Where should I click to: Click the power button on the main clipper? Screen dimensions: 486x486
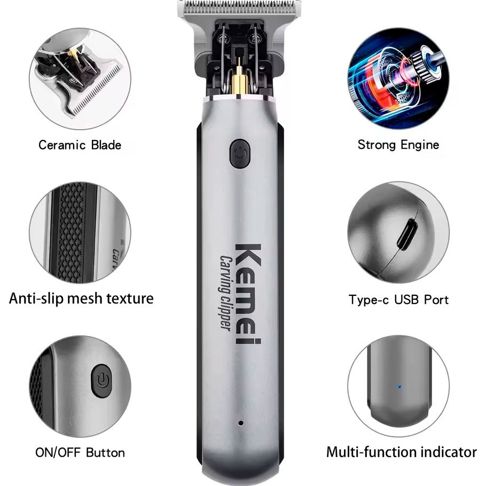coord(240,153)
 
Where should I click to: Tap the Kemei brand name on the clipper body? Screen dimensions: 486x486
coord(248,294)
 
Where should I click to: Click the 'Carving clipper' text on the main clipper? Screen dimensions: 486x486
coord(225,293)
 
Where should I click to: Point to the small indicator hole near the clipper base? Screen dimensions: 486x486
coord(240,423)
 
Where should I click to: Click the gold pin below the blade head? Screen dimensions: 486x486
coord(239,79)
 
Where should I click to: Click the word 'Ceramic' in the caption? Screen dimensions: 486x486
coord(62,145)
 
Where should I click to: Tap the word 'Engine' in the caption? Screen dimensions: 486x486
coord(420,145)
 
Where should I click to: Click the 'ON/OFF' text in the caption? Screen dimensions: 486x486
coord(58,452)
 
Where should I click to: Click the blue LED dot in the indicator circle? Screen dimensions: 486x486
coord(399,387)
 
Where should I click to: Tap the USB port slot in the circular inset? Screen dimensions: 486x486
coord(407,234)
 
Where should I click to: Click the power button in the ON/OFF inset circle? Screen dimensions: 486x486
coord(101,381)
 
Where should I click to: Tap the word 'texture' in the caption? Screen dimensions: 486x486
coord(130,298)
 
